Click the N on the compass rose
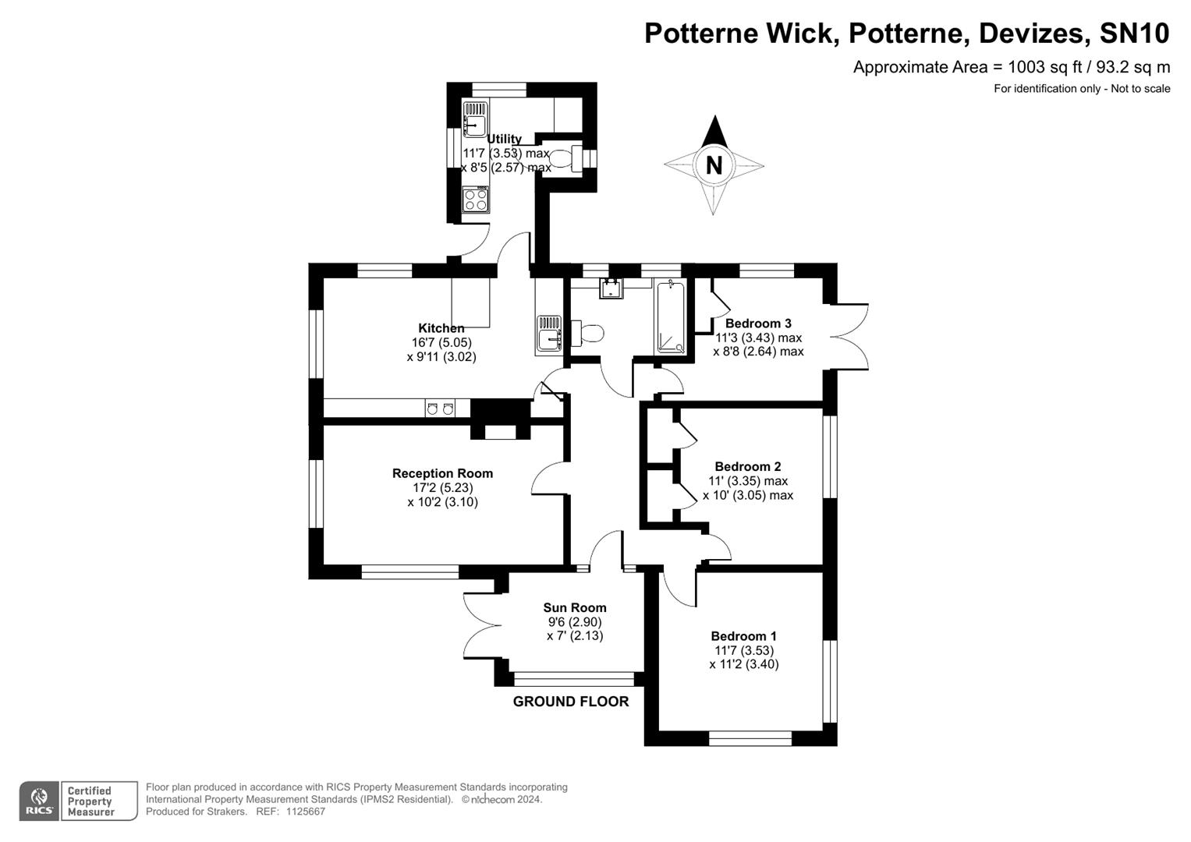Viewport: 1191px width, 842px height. [x=713, y=165]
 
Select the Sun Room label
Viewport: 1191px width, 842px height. [x=575, y=608]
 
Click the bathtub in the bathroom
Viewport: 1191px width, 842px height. [x=671, y=318]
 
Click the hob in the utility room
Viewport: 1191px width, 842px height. [x=475, y=200]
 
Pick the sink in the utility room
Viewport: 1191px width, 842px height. [x=474, y=119]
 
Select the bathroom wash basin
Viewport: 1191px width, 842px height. [x=611, y=288]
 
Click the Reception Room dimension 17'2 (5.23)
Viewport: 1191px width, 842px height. [x=442, y=488]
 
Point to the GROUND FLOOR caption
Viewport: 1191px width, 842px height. [x=571, y=702]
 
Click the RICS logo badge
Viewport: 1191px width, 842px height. [x=39, y=801]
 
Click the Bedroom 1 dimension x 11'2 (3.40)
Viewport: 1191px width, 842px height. [x=743, y=664]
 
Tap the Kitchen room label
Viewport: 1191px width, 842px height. [x=441, y=328]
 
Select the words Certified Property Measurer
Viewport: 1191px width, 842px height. [x=90, y=801]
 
